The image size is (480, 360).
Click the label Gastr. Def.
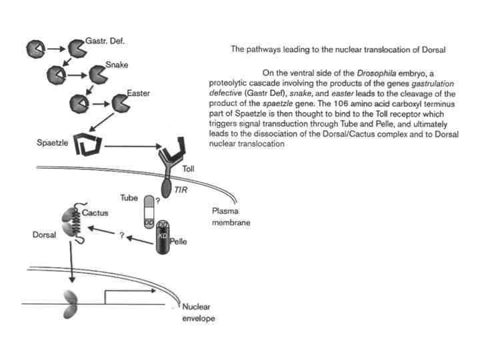click(x=105, y=41)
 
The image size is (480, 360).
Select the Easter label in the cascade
click(x=141, y=93)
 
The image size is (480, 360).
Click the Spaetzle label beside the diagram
click(x=53, y=143)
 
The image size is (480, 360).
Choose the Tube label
click(x=128, y=199)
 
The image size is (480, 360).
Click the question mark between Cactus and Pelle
click(x=122, y=236)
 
